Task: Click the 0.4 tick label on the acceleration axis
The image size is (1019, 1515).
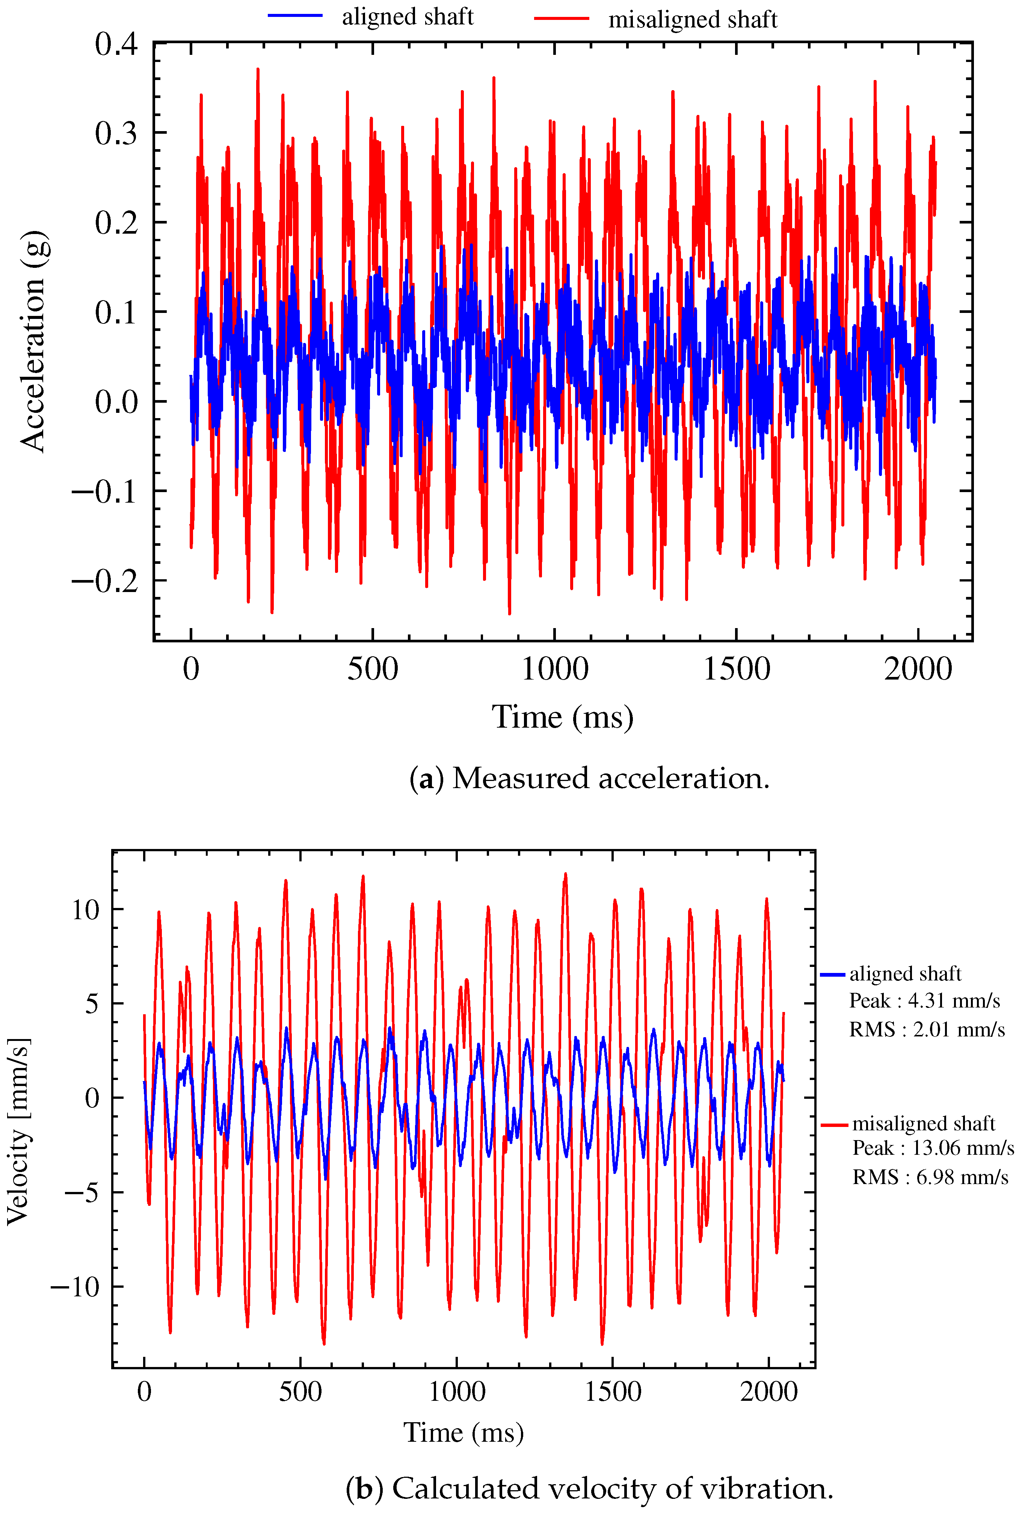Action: tap(116, 44)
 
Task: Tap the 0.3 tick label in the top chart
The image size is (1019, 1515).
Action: tap(116, 133)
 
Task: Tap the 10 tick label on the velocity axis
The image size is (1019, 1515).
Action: tap(85, 909)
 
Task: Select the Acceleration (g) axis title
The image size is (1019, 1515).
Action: tap(33, 341)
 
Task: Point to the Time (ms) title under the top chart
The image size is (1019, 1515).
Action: tap(562, 717)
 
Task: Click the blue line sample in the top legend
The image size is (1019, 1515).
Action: tap(295, 16)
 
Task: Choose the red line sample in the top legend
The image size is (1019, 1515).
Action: tap(562, 19)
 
